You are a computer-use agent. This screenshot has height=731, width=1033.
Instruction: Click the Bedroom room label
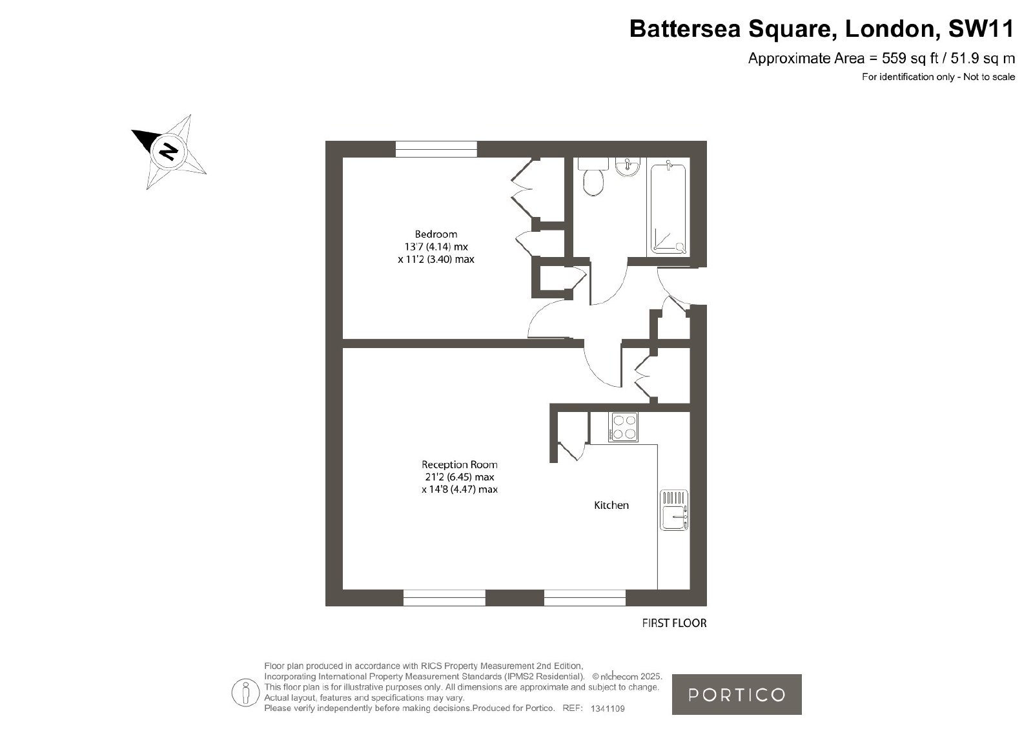(436, 234)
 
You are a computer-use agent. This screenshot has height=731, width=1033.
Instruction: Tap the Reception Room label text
(459, 464)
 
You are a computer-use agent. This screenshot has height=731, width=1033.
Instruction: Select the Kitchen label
(611, 505)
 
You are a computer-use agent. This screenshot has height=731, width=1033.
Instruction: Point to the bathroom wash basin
(627, 167)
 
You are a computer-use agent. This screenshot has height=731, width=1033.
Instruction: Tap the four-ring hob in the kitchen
(623, 427)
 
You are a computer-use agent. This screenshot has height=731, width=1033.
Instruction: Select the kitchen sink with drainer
(674, 510)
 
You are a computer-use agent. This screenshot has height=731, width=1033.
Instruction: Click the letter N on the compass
(169, 151)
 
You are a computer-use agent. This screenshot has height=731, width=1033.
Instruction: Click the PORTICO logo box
(737, 695)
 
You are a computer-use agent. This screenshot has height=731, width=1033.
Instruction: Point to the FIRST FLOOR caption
(674, 623)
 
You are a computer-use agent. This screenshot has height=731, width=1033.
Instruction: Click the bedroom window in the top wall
(436, 149)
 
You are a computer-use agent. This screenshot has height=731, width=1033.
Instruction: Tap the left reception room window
(444, 597)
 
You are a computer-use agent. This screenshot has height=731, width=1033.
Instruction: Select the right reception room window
(585, 597)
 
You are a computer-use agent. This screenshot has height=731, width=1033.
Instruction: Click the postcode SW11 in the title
(981, 28)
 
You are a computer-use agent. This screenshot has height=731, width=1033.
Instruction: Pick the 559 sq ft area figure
(910, 59)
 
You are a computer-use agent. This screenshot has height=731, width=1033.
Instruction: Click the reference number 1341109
(608, 708)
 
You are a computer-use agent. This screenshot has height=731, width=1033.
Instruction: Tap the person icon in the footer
(245, 693)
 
